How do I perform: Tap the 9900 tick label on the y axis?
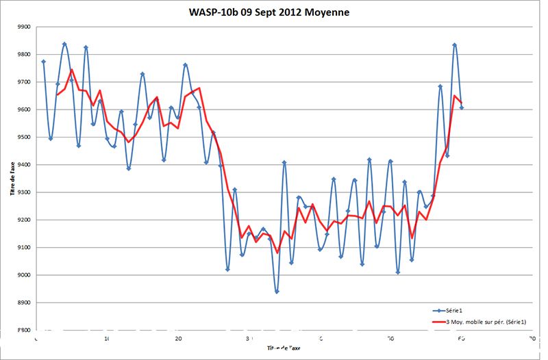tap(24, 27)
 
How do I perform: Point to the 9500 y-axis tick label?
tap(24, 137)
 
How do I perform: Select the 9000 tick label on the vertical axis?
tap(24, 275)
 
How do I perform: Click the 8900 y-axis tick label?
tap(24, 303)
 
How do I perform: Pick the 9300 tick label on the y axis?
tap(24, 192)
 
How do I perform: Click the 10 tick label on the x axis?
tap(107, 338)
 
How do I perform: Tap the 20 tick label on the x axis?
tap(178, 338)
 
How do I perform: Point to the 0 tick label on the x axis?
tap(36, 338)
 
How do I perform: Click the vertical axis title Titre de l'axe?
tap(12, 177)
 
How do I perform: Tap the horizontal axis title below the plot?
tap(284, 348)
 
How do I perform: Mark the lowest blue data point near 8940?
tap(277, 292)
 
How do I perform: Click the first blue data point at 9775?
tap(43, 62)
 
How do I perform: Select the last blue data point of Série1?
tap(462, 107)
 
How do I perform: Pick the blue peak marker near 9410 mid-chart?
tap(284, 162)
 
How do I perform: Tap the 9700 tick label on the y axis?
tap(24, 82)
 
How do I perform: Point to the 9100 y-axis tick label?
tap(24, 248)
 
